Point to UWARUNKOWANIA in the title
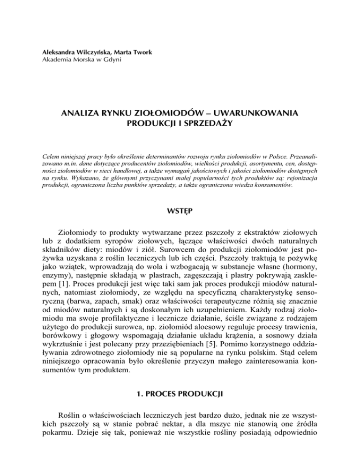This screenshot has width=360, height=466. coord(253,114)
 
